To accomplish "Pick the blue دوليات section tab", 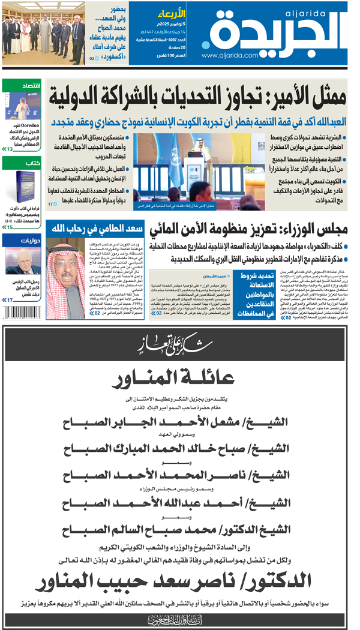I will pos(30,239).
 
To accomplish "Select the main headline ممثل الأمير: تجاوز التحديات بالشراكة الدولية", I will pos(197,95).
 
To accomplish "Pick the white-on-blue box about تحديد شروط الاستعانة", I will pos(251,295).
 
